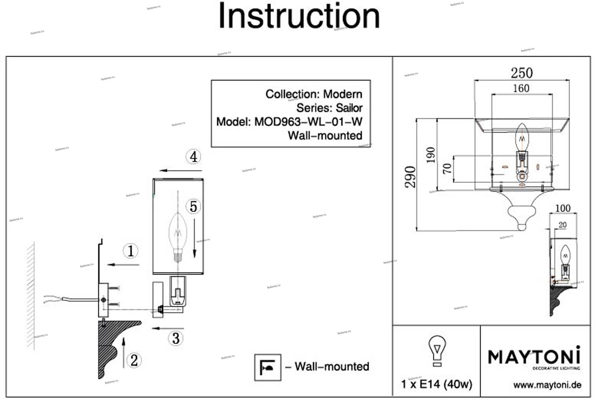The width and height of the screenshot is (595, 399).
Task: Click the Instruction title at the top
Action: (x=299, y=16)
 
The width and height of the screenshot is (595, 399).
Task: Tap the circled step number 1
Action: (x=131, y=251)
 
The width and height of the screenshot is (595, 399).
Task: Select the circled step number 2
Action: (x=134, y=360)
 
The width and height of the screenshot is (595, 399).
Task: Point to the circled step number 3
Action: (x=176, y=339)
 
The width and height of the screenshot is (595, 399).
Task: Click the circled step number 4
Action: (x=193, y=157)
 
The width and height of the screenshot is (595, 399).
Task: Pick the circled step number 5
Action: (x=193, y=207)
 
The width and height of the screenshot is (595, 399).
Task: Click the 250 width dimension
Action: (x=522, y=73)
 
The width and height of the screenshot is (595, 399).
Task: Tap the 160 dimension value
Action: (x=521, y=88)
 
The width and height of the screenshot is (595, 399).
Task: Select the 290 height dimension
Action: (x=410, y=177)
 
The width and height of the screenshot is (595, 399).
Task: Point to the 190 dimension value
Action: (x=431, y=155)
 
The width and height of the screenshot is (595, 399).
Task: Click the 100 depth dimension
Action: (x=563, y=208)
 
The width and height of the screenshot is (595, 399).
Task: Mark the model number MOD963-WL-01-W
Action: (x=308, y=122)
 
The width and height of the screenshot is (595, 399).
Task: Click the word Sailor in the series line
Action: (x=349, y=108)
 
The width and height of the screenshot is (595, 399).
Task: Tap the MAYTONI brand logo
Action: (x=534, y=357)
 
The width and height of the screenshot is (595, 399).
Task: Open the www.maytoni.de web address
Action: (x=547, y=385)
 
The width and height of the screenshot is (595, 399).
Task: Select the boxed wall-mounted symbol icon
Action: (x=268, y=367)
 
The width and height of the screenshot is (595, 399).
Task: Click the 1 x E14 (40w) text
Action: (x=436, y=384)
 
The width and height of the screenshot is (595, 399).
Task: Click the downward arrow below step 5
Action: (x=195, y=238)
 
